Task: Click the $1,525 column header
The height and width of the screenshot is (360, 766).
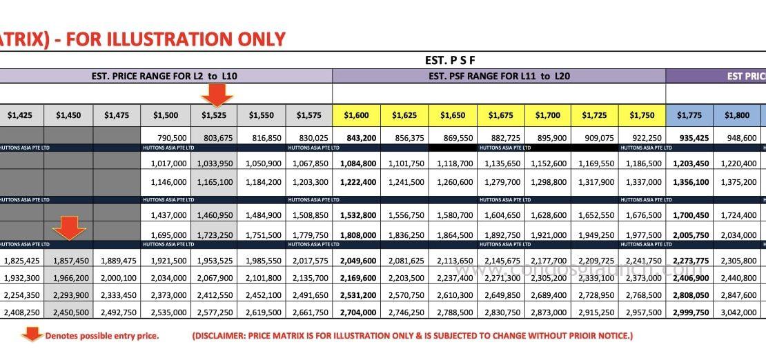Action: [x=213, y=115]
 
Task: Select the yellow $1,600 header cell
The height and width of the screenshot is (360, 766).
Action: [x=356, y=115]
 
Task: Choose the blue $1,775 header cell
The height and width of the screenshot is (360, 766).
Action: [x=689, y=115]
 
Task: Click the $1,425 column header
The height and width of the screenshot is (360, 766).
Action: [x=20, y=115]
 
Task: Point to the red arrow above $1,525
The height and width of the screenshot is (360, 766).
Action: [x=217, y=94]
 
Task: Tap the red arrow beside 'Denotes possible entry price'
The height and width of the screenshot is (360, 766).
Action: [x=32, y=335]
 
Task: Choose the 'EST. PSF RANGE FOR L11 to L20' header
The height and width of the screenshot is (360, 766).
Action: [x=499, y=77]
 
